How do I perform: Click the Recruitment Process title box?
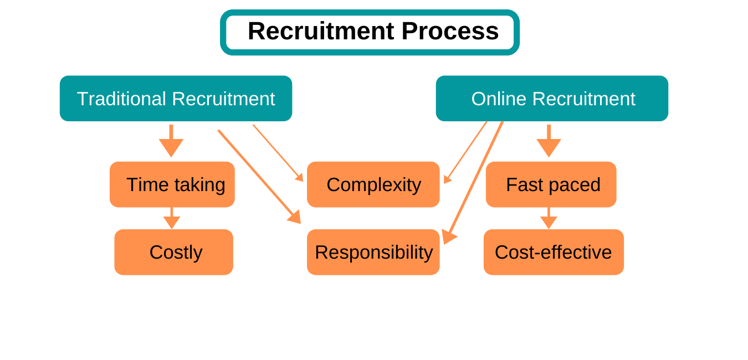(x=370, y=32)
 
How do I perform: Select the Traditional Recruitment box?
(x=176, y=99)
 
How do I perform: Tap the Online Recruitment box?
(x=552, y=99)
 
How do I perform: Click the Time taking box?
(x=172, y=184)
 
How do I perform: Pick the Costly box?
(x=174, y=252)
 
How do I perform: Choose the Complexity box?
(x=373, y=184)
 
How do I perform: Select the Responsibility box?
(x=373, y=252)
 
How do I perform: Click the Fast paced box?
(x=551, y=184)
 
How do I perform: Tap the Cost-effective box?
(x=554, y=252)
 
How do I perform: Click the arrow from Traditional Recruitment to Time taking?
(x=171, y=141)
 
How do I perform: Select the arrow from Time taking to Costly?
(x=172, y=219)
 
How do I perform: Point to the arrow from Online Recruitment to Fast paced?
(x=549, y=141)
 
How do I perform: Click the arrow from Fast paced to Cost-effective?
(x=549, y=219)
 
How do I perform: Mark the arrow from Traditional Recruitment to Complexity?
(x=278, y=153)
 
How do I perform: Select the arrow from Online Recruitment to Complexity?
(x=465, y=152)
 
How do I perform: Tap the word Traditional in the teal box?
(x=121, y=99)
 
